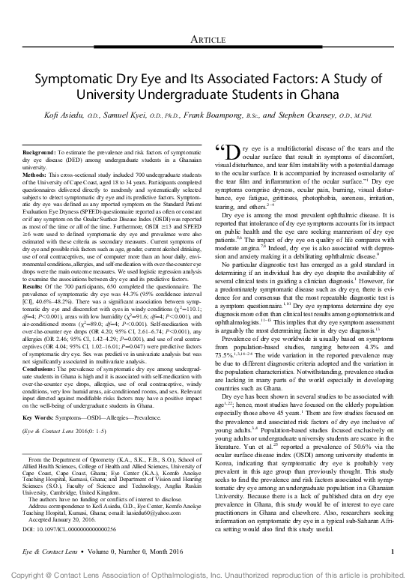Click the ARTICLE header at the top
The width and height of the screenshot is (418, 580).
tap(209, 17)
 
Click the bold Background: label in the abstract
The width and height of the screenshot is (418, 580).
tap(35, 152)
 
